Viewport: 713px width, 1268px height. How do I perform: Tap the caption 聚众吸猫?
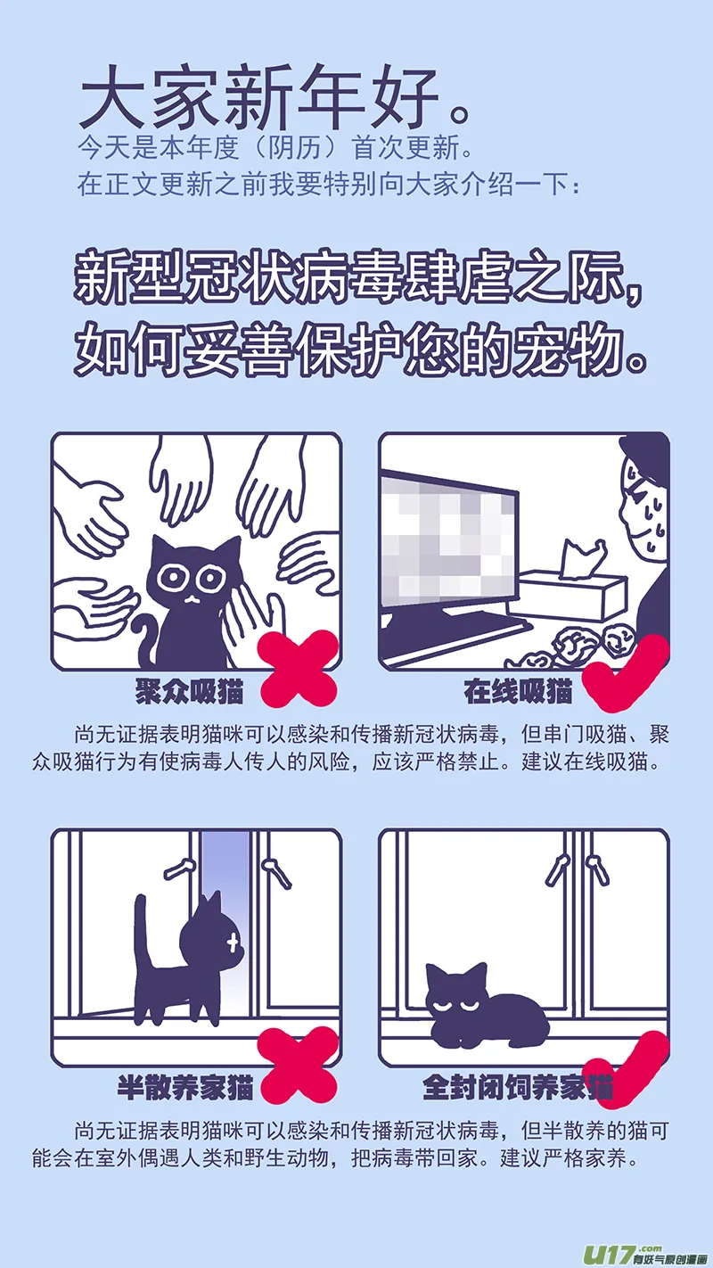point(189,691)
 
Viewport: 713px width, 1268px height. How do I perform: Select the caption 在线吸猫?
point(519,691)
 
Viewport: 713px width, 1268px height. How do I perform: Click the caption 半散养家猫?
point(185,1087)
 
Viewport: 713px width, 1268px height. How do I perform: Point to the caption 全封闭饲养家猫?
point(518,1087)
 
